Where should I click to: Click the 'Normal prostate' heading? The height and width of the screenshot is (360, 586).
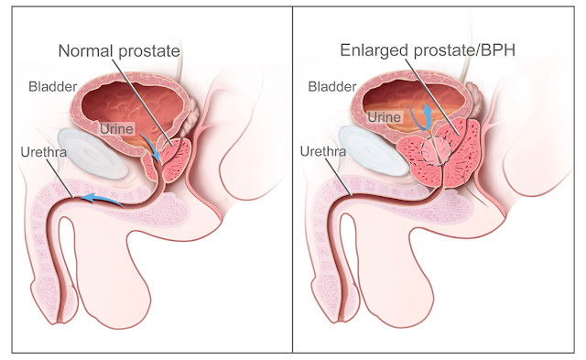[x=119, y=51]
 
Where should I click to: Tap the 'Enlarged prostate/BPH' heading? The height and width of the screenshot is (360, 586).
[x=428, y=50]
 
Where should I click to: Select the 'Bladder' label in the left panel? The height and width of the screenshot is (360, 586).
[x=53, y=87]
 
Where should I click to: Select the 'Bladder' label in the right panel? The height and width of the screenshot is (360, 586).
[x=332, y=87]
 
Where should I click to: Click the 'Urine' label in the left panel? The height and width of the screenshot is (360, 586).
[x=116, y=129]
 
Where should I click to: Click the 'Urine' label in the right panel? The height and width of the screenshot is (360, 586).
[x=385, y=117]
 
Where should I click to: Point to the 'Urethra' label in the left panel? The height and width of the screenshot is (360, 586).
[x=44, y=152]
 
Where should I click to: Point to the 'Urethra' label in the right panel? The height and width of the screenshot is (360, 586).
[x=323, y=151]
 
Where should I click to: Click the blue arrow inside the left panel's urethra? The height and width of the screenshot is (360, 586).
[x=102, y=199]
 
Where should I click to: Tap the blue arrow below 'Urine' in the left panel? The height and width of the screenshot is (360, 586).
[x=151, y=147]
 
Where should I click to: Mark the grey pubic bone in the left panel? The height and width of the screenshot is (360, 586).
[x=93, y=154]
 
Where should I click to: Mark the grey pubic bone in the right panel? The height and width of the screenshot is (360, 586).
[x=374, y=151]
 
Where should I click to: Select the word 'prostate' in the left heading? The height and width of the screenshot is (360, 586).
[x=148, y=51]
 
